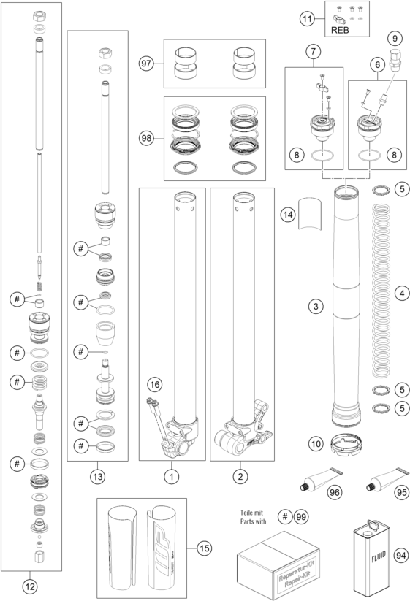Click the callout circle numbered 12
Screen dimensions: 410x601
(30, 586)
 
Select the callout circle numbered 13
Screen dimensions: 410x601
(97, 476)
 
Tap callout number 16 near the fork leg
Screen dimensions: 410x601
(155, 384)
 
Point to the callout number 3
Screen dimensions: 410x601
(316, 306)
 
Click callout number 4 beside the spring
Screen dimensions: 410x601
(402, 294)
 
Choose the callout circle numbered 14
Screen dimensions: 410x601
(288, 215)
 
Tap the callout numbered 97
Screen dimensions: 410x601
(146, 64)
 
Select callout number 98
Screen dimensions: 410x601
(146, 138)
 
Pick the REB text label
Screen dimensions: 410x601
(340, 30)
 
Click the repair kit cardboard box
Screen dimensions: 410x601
(278, 564)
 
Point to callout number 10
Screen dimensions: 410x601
(316, 444)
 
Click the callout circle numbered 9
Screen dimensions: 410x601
(395, 38)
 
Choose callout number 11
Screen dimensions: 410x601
(307, 18)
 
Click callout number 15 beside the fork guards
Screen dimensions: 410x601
(205, 548)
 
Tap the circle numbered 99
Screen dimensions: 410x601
(301, 517)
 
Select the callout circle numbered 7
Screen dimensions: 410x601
(314, 51)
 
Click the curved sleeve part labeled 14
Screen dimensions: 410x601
(310, 214)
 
